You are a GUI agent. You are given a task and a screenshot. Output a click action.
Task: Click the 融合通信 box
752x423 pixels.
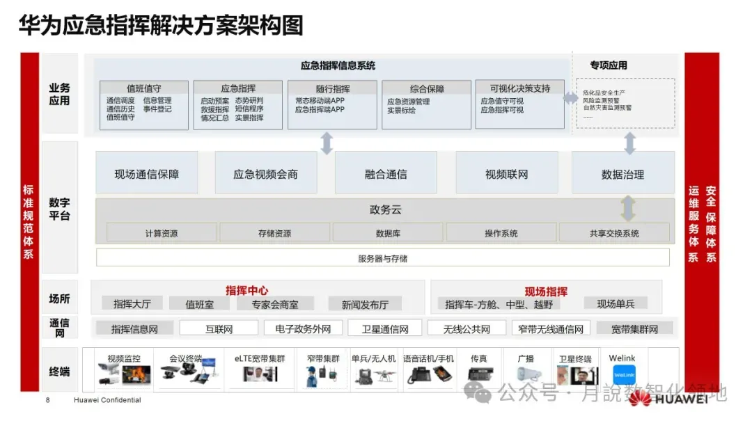point(386,174)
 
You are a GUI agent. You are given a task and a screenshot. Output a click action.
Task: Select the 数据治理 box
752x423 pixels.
point(622,174)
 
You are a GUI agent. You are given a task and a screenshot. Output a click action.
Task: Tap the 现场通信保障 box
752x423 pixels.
point(146,174)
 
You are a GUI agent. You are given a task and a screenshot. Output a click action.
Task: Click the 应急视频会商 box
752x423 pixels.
point(265,174)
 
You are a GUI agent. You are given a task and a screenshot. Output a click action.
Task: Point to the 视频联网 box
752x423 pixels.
point(506,174)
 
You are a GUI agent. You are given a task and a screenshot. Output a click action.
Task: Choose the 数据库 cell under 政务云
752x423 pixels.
point(387,233)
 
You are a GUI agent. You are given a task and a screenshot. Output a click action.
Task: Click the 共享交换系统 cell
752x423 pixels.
point(613,233)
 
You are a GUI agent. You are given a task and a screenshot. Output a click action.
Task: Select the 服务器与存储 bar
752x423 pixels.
point(382,258)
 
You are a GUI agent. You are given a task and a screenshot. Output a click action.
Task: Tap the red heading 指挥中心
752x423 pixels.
point(246,290)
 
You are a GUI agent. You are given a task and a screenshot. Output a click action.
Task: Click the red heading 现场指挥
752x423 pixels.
point(546,291)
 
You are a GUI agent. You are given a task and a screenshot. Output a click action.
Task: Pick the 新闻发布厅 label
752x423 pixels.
point(365,304)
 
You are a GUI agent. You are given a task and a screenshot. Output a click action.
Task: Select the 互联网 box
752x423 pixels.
point(219,328)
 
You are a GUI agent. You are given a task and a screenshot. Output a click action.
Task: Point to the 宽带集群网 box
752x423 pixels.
point(634,328)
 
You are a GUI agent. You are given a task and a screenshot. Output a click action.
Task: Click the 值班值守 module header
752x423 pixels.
point(144,88)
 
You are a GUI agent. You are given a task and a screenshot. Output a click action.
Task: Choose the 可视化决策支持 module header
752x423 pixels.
point(519,88)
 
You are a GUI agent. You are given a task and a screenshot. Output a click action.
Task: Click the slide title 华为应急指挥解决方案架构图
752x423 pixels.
point(161,26)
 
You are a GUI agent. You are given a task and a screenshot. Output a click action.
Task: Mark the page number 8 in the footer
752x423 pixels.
point(47,400)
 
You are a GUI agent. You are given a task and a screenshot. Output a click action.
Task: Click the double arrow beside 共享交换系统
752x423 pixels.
point(628,208)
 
